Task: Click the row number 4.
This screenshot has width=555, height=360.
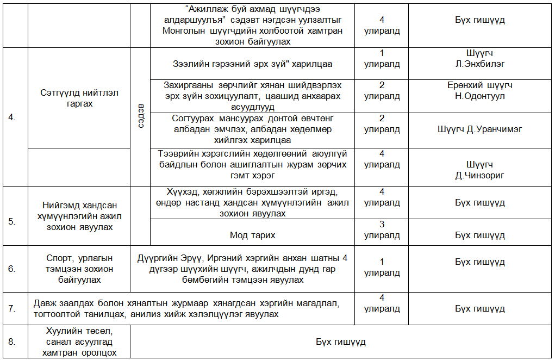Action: (x=12, y=117)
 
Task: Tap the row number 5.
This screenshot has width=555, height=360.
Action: (x=12, y=221)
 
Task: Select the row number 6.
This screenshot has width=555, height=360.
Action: (x=12, y=269)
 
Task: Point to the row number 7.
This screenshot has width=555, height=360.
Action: (x=12, y=308)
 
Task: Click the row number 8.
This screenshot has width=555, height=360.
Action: (x=12, y=341)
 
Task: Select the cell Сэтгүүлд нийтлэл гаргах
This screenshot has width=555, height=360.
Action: (x=79, y=98)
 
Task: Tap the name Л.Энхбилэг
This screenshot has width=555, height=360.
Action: (x=479, y=64)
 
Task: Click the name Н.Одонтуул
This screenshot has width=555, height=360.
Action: (x=479, y=96)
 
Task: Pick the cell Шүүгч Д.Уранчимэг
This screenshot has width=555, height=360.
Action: (x=479, y=129)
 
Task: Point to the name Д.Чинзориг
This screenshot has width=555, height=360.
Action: (x=479, y=176)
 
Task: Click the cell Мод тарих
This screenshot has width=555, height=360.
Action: (x=252, y=235)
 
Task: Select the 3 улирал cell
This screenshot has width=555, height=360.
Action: (x=382, y=231)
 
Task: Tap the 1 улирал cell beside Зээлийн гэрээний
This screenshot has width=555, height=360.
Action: (x=382, y=59)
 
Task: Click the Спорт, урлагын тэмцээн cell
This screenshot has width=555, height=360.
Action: (x=79, y=269)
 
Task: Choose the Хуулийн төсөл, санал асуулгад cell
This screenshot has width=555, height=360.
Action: (x=79, y=341)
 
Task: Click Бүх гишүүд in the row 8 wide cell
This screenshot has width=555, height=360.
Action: (x=341, y=342)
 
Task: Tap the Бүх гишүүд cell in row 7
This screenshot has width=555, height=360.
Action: (x=479, y=308)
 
